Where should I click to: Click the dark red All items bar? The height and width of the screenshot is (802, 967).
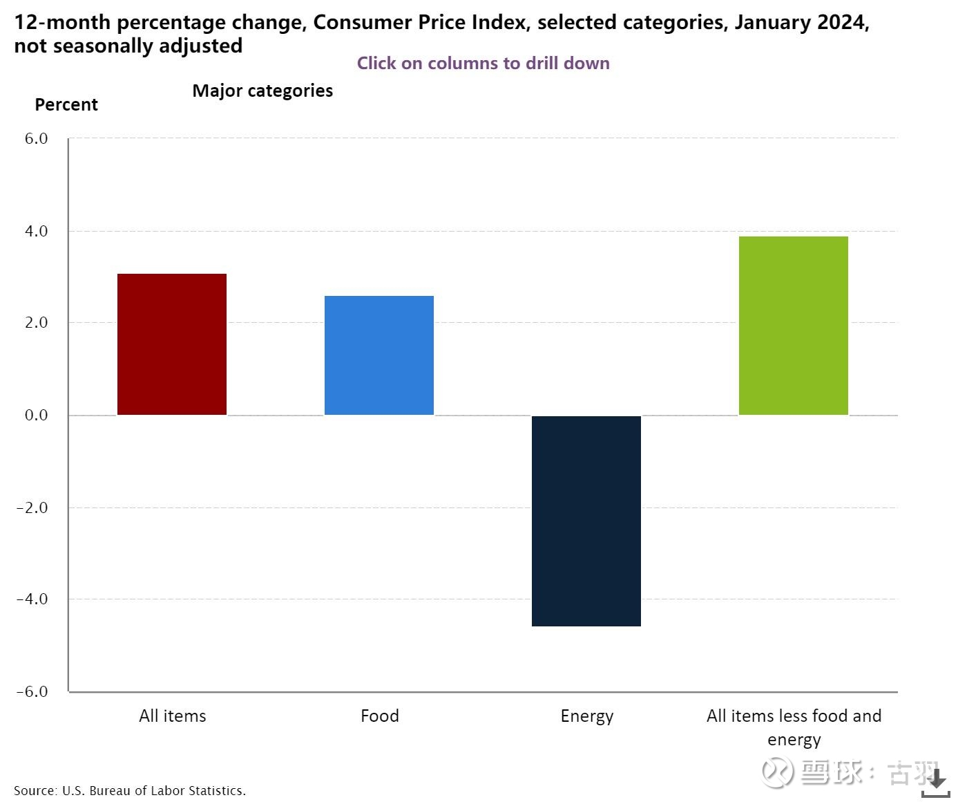pyautogui.click(x=172, y=344)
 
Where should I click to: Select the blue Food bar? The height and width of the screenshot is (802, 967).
pyautogui.click(x=379, y=355)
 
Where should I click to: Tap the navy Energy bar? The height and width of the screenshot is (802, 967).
pyautogui.click(x=586, y=521)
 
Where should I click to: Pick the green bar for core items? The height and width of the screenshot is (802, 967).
pyautogui.click(x=794, y=326)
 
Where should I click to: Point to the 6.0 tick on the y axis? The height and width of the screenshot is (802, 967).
pyautogui.click(x=36, y=138)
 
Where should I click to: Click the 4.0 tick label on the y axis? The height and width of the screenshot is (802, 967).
pyautogui.click(x=36, y=231)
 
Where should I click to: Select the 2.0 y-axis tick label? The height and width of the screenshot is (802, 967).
pyautogui.click(x=36, y=323)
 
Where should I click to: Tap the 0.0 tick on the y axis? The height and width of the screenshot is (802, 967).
pyautogui.click(x=36, y=415)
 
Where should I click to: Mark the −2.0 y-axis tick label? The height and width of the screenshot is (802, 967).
pyautogui.click(x=32, y=507)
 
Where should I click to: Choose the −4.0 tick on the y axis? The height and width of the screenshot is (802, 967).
pyautogui.click(x=32, y=599)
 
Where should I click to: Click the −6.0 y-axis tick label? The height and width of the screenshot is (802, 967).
pyautogui.click(x=32, y=691)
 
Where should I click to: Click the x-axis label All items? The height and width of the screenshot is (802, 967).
pyautogui.click(x=173, y=716)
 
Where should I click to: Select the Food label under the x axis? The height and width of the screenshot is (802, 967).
pyautogui.click(x=380, y=716)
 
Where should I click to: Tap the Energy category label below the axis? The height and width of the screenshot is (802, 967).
pyautogui.click(x=587, y=716)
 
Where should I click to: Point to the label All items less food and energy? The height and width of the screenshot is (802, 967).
pyautogui.click(x=794, y=727)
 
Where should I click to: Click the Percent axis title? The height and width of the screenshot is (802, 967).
pyautogui.click(x=66, y=104)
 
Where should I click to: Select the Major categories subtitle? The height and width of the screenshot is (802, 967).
pyautogui.click(x=262, y=91)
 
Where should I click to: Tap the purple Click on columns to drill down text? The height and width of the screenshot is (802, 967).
pyautogui.click(x=483, y=63)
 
